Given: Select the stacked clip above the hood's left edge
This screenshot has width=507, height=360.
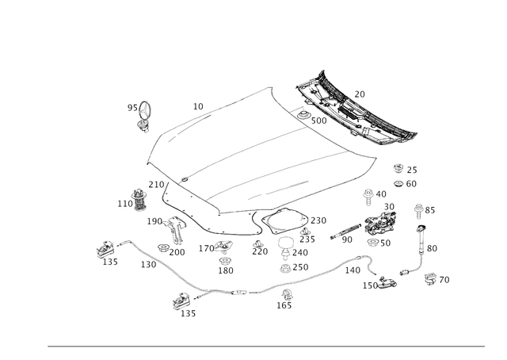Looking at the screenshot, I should pyautogui.click(x=143, y=115).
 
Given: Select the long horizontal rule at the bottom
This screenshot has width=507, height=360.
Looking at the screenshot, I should pyautogui.click(x=266, y=346).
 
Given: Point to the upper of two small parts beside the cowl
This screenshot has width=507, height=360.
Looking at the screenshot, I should pyautogui.click(x=399, y=167).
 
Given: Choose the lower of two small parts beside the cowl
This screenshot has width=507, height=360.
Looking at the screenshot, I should pyautogui.click(x=400, y=182).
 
